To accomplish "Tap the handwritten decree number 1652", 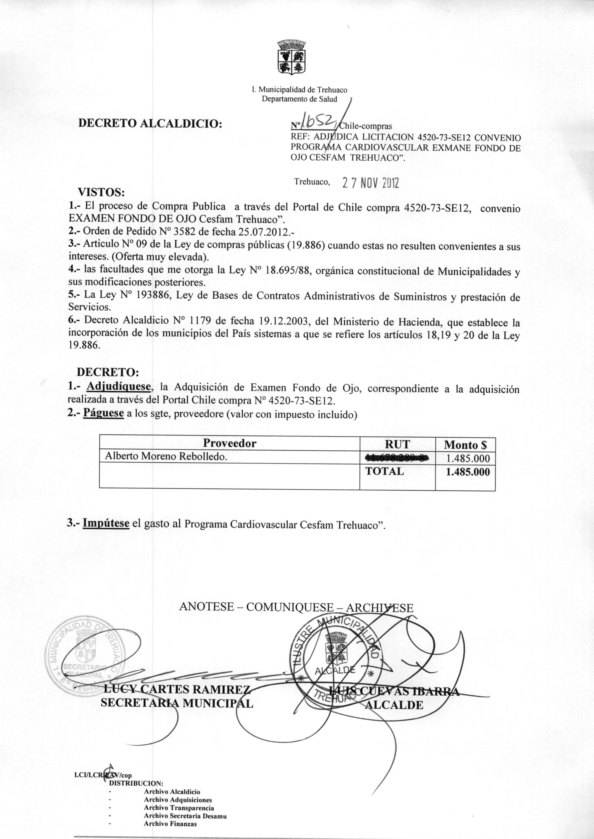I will [x=318, y=122].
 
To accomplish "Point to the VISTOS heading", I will [x=101, y=192].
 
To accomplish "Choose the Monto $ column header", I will [x=465, y=445].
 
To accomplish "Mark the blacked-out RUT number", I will [x=397, y=458].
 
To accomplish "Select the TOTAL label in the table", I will [x=384, y=471].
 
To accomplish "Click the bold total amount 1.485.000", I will [x=468, y=472].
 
